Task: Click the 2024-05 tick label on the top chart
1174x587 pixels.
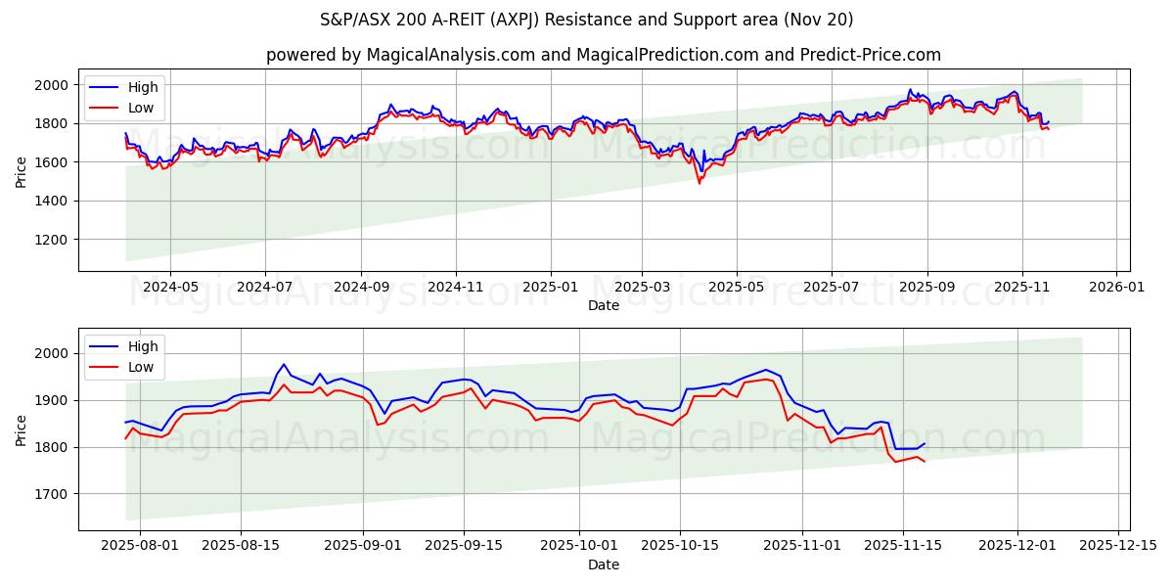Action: pos(170,287)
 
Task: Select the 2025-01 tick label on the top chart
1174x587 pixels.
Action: pos(550,287)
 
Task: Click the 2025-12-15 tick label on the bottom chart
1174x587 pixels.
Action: pos(1118,546)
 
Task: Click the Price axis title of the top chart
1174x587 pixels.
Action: pos(22,171)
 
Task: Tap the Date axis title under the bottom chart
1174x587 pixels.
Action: pos(604,564)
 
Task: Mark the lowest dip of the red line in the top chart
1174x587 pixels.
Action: pos(699,183)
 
